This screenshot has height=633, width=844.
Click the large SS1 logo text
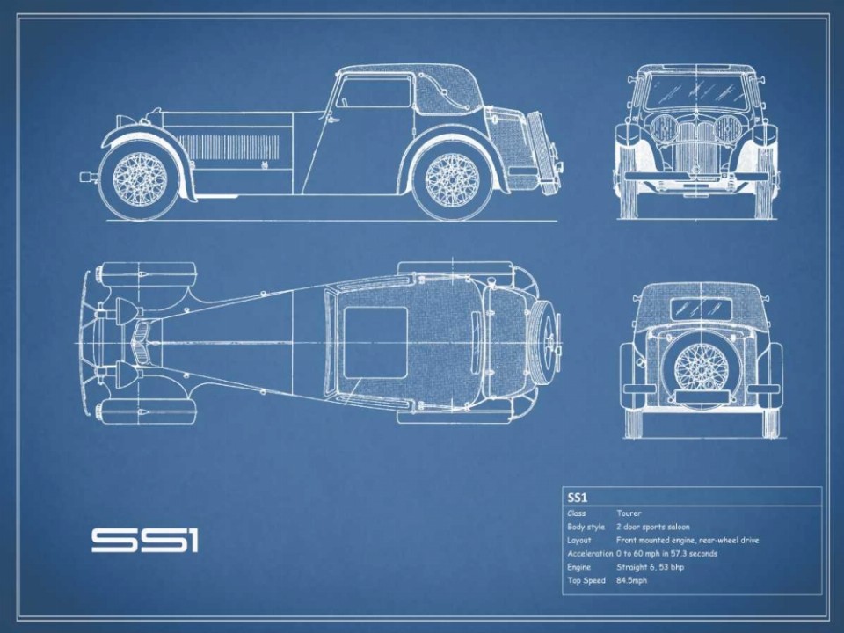click(145, 541)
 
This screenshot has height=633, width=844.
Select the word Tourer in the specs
click(629, 513)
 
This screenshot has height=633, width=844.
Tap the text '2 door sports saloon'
click(653, 527)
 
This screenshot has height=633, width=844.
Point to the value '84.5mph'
click(632, 580)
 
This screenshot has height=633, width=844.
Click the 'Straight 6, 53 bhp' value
click(651, 567)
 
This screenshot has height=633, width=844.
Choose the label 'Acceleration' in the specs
click(590, 553)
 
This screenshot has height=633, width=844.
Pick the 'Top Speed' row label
click(586, 581)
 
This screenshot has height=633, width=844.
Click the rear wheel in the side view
click(452, 178)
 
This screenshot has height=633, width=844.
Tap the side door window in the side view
click(373, 92)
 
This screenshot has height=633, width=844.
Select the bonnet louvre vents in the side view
click(228, 147)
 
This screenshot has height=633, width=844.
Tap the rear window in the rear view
click(702, 309)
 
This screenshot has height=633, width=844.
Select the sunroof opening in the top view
click(375, 343)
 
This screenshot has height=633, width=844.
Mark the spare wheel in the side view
click(542, 152)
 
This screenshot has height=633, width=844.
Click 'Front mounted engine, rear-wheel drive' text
click(688, 540)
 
